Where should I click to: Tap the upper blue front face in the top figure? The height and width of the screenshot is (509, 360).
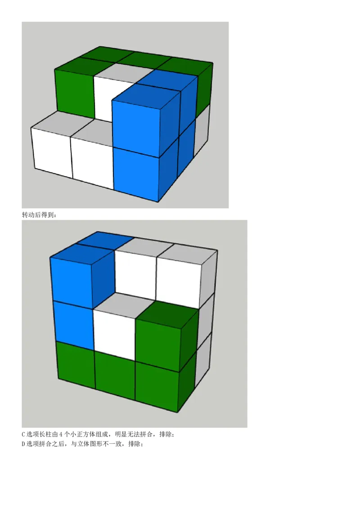(136, 127)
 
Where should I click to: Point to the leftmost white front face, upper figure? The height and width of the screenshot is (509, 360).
(52, 152)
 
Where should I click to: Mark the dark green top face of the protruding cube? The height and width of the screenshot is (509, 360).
(166, 314)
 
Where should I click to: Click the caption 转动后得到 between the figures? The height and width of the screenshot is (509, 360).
(39, 214)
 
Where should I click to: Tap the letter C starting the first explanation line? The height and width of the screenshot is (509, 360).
(23, 434)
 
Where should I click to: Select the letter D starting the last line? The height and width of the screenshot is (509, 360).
(23, 444)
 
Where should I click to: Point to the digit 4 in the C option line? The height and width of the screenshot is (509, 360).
(61, 434)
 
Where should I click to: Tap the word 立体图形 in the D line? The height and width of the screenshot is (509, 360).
(89, 444)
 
